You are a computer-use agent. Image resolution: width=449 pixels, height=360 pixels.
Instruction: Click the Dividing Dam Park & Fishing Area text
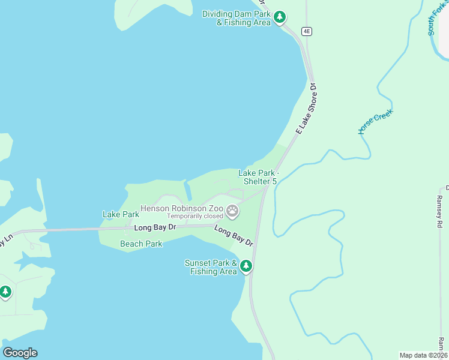[237, 18]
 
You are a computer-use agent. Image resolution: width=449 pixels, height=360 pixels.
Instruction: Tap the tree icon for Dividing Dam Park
[280, 18]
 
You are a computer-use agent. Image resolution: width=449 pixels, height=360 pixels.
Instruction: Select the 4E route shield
[307, 31]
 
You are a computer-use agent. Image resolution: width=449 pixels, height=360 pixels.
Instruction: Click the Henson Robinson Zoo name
[181, 208]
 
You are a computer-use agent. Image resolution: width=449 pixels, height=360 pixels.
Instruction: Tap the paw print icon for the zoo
[232, 211]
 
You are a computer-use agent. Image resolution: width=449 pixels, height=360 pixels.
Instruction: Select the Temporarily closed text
[194, 216]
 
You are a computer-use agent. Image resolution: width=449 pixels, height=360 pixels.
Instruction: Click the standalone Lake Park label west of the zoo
[121, 214]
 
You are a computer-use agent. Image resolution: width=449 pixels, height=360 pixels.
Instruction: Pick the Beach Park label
[141, 244]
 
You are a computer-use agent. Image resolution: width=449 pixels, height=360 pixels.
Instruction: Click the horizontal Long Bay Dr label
[155, 227]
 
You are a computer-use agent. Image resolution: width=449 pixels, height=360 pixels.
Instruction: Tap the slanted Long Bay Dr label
[234, 236]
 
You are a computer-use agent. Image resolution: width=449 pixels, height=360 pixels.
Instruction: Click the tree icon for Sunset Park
[246, 266]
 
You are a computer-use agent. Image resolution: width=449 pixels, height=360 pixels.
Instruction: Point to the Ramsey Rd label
[439, 211]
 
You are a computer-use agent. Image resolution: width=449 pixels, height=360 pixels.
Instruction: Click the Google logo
[20, 352]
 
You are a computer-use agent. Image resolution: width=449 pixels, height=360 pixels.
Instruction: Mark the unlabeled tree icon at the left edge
[5, 292]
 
